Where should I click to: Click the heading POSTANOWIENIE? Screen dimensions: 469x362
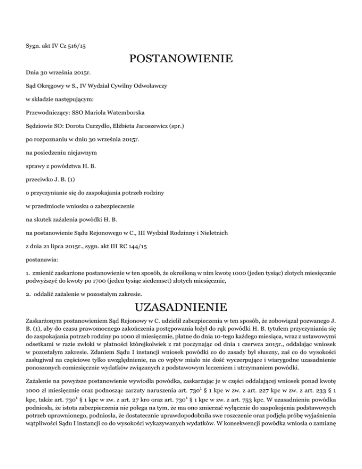click(181, 59)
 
